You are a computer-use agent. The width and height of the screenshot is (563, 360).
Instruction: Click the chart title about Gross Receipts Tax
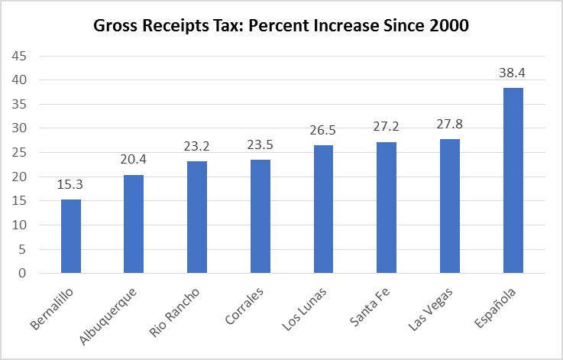[281, 25]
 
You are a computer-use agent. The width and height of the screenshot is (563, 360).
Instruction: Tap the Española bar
[513, 180]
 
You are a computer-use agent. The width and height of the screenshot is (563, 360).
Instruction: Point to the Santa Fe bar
[387, 207]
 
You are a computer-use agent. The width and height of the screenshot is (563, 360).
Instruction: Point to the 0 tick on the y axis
[21, 274]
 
